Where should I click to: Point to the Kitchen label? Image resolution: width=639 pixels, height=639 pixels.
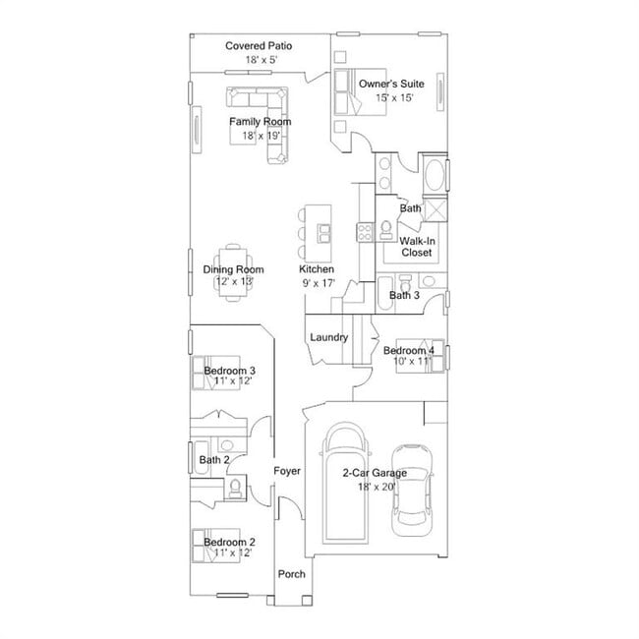(317, 269)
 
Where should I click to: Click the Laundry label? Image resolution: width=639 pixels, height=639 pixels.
(328, 337)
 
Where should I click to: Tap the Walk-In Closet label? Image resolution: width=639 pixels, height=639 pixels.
(416, 247)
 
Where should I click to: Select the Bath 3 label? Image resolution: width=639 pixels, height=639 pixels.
(404, 295)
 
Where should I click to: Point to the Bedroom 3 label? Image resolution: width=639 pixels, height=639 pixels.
(229, 370)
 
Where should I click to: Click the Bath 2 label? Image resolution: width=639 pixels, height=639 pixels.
(214, 459)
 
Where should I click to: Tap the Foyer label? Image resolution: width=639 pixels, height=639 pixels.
(287, 472)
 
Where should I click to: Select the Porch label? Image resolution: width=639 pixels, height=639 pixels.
(291, 574)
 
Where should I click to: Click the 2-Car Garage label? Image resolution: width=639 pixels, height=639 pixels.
(374, 473)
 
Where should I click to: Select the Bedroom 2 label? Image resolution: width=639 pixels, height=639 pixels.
(229, 542)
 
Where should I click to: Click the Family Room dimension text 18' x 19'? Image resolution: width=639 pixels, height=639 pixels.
(260, 135)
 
